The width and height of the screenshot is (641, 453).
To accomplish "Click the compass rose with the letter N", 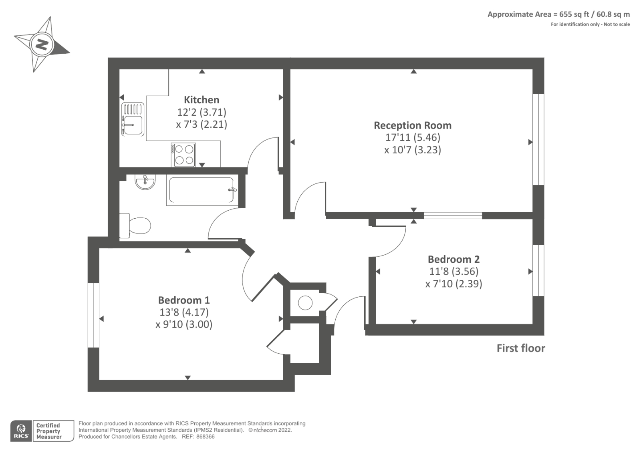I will [x=42, y=44].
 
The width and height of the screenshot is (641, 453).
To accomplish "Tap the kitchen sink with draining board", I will [x=133, y=119].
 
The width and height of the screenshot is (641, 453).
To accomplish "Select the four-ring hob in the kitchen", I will [x=184, y=155].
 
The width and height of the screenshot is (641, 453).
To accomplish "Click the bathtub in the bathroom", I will [x=202, y=190].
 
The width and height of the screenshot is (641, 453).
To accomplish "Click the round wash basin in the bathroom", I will [x=145, y=182].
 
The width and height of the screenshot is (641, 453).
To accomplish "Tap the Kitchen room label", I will [x=202, y=100].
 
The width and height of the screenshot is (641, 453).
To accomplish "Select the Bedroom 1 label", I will [x=184, y=300].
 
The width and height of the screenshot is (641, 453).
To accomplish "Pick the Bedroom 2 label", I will [x=454, y=259].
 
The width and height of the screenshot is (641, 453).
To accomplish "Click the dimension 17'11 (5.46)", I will [x=413, y=137].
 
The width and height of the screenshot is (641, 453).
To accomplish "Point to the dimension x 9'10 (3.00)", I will [x=184, y=324].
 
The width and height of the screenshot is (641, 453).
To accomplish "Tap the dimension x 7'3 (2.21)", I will [x=202, y=124].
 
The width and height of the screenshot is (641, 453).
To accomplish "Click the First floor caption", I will [x=520, y=348].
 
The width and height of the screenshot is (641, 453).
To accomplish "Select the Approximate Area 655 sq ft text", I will [x=558, y=14].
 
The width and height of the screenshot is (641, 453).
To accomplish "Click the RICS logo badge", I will [x=21, y=431].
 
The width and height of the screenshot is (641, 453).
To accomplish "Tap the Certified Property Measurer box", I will [x=53, y=431].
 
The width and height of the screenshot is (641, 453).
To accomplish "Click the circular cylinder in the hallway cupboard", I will [x=305, y=302].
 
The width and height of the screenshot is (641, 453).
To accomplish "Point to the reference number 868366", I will [x=204, y=437].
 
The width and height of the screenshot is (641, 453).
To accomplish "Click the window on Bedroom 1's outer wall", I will [x=93, y=315].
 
